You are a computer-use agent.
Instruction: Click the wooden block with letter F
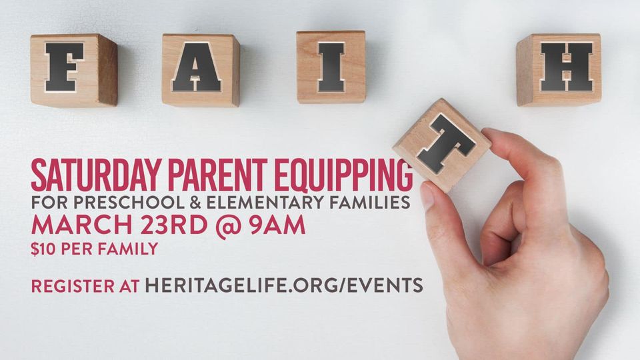74,70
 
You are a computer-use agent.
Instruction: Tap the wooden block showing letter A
201,70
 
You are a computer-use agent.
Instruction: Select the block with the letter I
331,67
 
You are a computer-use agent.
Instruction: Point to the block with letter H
559,70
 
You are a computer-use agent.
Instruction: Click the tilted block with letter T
443,144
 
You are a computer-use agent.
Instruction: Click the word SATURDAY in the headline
95,175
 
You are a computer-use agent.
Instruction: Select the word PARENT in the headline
217,175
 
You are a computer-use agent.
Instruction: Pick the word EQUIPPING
344,175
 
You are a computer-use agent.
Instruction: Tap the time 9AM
277,225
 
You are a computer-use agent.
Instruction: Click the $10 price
43,249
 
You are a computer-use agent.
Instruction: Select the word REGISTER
73,286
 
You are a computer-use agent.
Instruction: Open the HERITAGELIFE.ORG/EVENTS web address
284,285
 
